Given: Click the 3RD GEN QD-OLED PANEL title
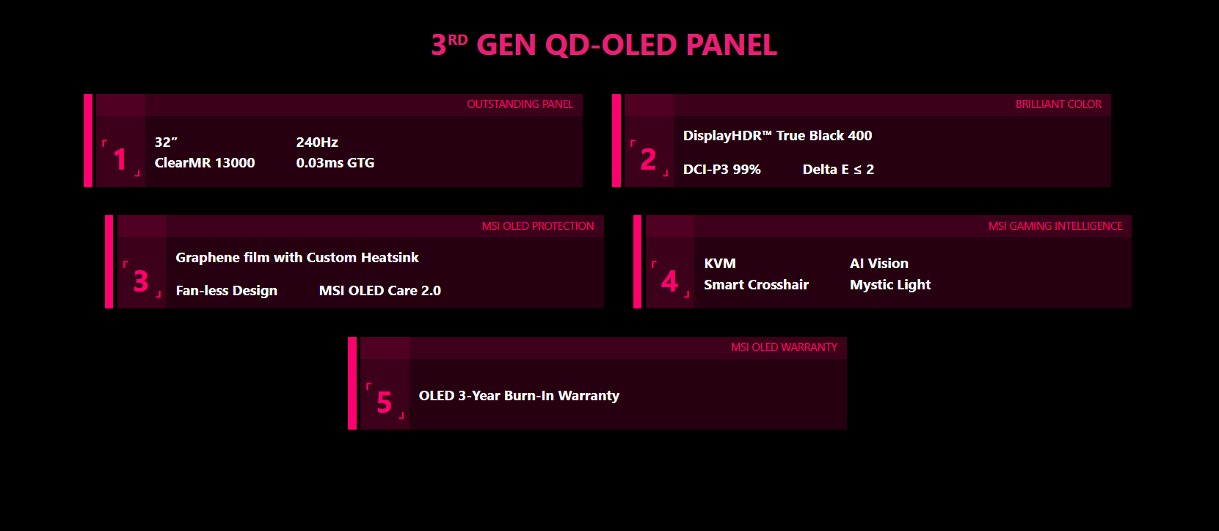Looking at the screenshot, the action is click(604, 45).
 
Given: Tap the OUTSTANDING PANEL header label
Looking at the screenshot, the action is click(520, 104).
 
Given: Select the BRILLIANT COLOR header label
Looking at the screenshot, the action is click(1058, 104).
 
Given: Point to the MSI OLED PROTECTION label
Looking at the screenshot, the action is click(538, 226).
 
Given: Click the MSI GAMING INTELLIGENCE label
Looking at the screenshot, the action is click(1055, 226).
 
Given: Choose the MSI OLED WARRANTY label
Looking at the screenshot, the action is click(784, 347).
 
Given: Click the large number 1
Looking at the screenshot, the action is click(120, 159).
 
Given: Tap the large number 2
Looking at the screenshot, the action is click(648, 159).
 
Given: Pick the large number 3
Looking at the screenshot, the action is click(141, 281).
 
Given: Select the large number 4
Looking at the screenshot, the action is click(669, 281).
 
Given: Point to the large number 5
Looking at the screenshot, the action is click(385, 402).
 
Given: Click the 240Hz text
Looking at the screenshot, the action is click(317, 142).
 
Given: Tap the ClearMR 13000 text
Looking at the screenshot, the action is click(205, 163).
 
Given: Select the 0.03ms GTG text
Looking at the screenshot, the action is click(335, 163).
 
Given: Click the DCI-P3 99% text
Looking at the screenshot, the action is click(721, 170).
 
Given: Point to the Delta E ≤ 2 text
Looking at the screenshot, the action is click(838, 170).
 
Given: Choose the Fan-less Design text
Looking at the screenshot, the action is click(226, 291).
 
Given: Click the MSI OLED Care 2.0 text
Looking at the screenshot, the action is click(380, 291).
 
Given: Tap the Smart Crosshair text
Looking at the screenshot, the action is click(757, 285).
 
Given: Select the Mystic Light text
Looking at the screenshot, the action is click(890, 285).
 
